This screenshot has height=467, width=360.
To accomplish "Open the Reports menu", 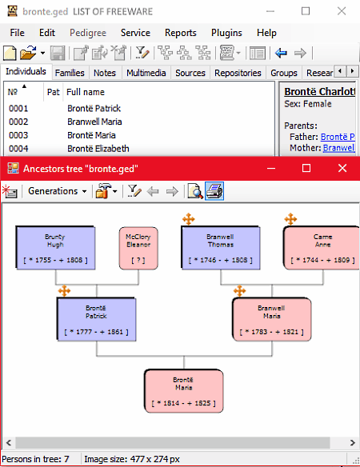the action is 180,33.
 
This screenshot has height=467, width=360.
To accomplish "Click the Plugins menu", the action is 226,33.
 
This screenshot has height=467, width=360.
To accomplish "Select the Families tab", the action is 70,73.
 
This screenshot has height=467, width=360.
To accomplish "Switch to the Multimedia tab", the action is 146,73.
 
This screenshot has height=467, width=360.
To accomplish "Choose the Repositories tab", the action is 238,73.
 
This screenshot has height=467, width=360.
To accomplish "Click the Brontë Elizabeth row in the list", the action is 98,148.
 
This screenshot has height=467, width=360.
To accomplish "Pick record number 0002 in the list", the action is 18,122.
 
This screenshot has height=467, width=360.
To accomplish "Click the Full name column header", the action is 86,92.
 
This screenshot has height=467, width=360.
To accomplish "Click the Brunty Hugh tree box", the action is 55,248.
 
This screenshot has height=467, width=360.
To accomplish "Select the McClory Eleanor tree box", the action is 138,248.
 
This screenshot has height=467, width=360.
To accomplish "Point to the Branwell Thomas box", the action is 221,248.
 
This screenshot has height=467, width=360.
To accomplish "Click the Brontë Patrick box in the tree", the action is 96,319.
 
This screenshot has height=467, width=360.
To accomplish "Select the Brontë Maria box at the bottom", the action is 183,391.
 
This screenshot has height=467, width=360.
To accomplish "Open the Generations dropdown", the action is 58,191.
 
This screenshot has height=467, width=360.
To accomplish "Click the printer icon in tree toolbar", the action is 214,191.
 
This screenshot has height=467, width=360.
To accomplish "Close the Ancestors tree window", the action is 342,168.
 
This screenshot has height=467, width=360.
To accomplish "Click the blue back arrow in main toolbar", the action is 281,54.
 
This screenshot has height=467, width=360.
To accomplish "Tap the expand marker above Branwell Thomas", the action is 189,219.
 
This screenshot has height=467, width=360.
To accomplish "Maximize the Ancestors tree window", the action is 306,168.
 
